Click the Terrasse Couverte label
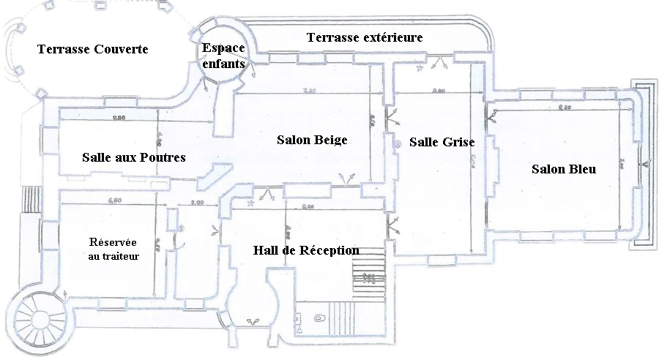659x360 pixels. pyautogui.click(x=92, y=50)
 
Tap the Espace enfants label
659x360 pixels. pyautogui.click(x=223, y=56)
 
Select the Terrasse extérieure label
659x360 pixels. pyautogui.click(x=365, y=37)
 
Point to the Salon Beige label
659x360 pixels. pyautogui.click(x=311, y=140)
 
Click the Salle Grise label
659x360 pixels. pyautogui.click(x=442, y=142)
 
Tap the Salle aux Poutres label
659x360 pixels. pyautogui.click(x=133, y=157)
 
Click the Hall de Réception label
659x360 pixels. pyautogui.click(x=306, y=250)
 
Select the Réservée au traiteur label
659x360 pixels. pyautogui.click(x=113, y=249)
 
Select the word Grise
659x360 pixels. pyautogui.click(x=459, y=142)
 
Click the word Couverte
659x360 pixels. pyautogui.click(x=121, y=50)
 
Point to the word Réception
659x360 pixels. pyautogui.click(x=330, y=250)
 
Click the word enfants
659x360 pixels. pyautogui.click(x=223, y=64)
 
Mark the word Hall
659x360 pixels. pyautogui.click(x=264, y=250)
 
